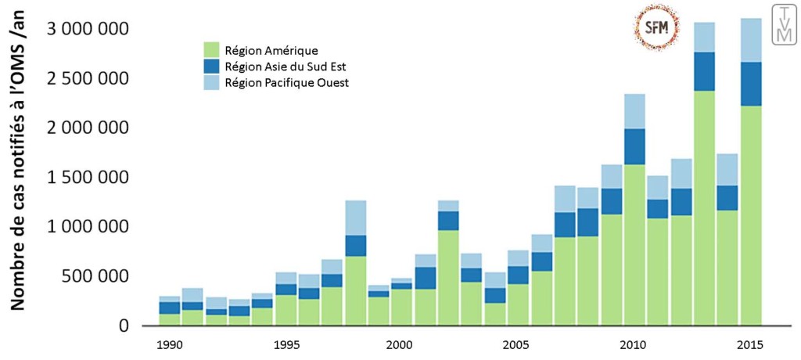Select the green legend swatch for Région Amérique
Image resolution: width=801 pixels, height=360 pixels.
tap(211, 49)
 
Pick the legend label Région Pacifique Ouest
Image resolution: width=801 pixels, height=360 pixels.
tap(286, 82)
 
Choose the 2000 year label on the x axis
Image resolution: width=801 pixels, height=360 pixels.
tap(400, 344)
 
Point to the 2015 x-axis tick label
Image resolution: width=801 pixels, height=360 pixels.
tap(749, 344)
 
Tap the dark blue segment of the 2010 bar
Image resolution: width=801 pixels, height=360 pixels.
tap(635, 146)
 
